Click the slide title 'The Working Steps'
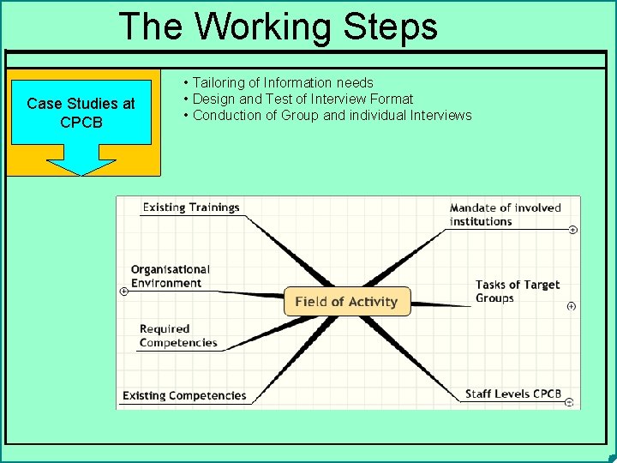click(x=279, y=27)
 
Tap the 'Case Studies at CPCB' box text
click(x=81, y=113)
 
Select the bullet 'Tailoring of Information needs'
click(x=283, y=83)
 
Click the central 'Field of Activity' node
click(x=346, y=302)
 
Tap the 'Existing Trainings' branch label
click(x=190, y=207)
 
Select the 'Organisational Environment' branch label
click(x=170, y=276)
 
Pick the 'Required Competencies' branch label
click(x=178, y=336)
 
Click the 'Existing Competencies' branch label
click(x=184, y=396)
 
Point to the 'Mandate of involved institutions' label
click(x=505, y=214)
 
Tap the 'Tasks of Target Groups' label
click(x=518, y=292)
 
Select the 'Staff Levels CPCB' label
click(x=513, y=394)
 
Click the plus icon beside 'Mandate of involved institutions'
click(x=572, y=230)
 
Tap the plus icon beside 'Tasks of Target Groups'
click(x=572, y=306)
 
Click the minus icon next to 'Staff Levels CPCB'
click(x=570, y=401)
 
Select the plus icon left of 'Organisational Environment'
click(x=123, y=292)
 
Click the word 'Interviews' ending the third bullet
click(x=441, y=116)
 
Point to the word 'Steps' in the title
click(x=391, y=27)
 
